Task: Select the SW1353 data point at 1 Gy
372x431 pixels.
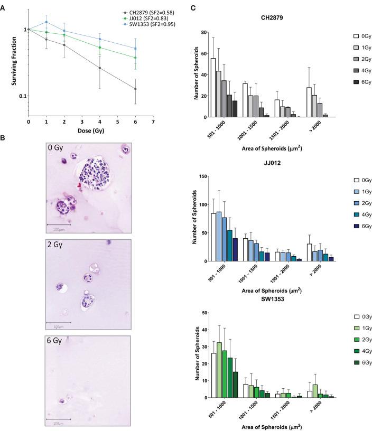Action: pyautogui.click(x=46, y=22)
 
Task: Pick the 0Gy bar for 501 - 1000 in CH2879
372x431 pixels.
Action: pyautogui.click(x=213, y=88)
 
